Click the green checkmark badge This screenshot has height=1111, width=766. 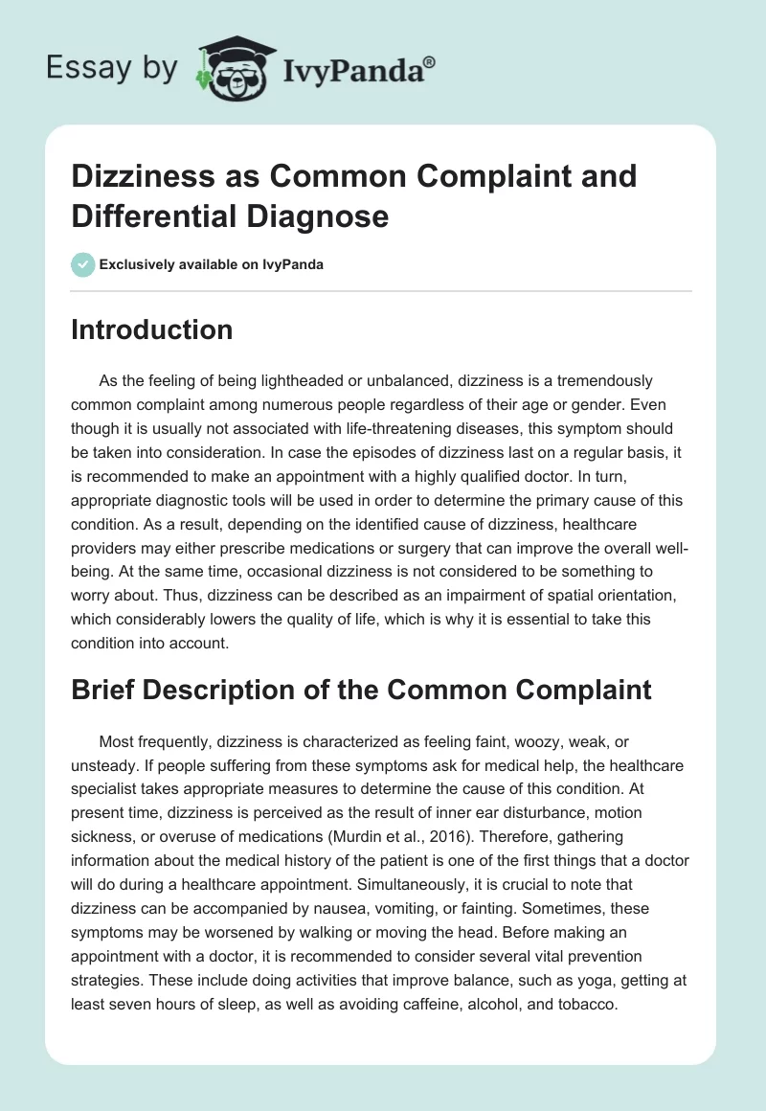click(x=82, y=264)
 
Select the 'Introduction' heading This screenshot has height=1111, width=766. click(x=152, y=330)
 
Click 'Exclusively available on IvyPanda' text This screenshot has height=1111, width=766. click(x=211, y=264)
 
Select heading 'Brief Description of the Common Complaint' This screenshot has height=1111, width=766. click(x=361, y=690)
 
